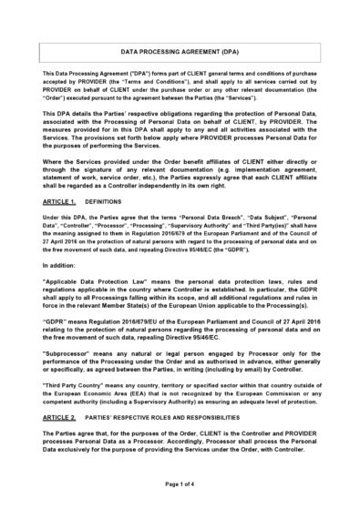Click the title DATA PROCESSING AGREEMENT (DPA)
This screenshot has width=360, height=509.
pyautogui.click(x=180, y=54)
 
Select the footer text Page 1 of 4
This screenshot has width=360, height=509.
pyautogui.click(x=180, y=493)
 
